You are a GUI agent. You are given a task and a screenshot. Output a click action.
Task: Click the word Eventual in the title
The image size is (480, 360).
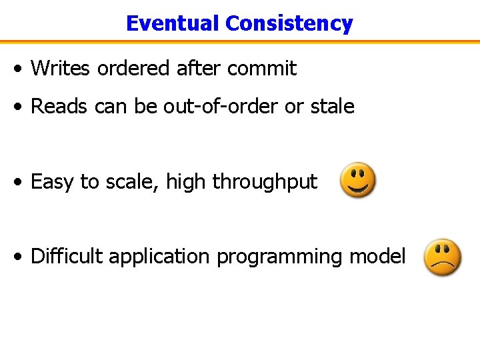point(173,23)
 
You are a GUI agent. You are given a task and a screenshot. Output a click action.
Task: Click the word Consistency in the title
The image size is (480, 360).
point(289,23)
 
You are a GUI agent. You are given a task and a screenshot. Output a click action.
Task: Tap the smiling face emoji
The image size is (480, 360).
point(358,180)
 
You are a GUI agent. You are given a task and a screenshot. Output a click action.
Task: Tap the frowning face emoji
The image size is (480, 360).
point(443,257)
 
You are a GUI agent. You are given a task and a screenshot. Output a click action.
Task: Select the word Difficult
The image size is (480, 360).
point(67,256)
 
